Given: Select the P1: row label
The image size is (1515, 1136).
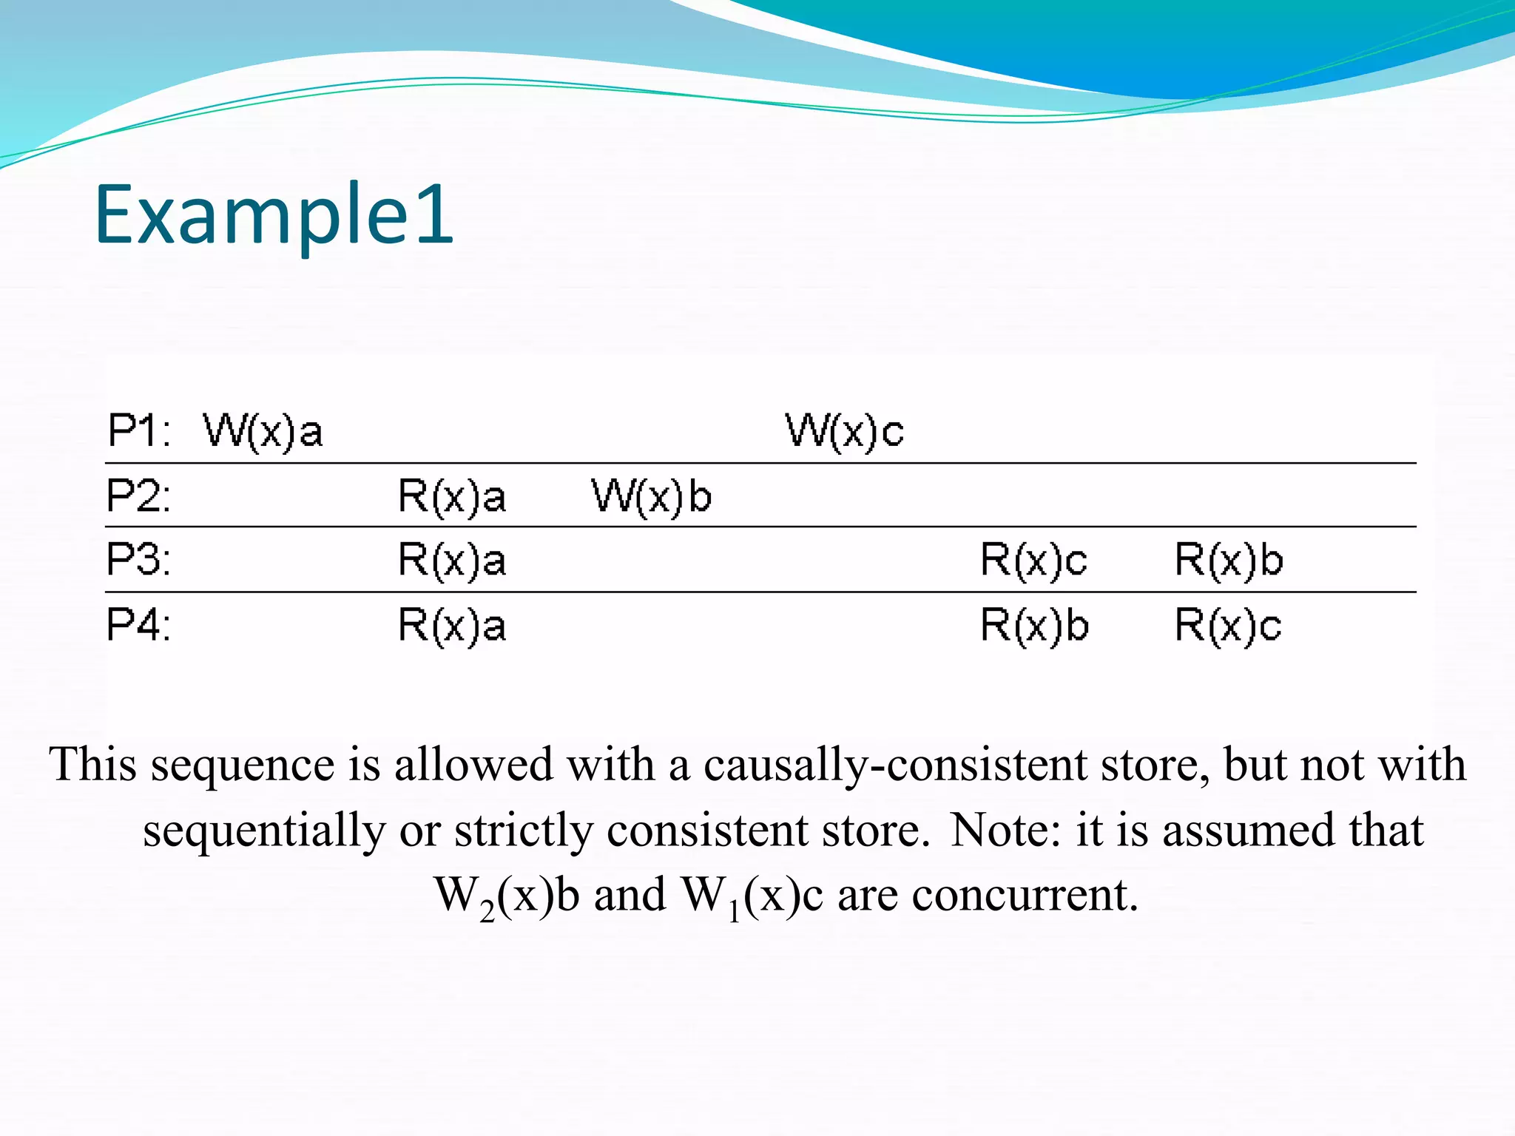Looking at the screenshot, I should point(139,430).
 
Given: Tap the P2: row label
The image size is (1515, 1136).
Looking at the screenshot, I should point(138,496).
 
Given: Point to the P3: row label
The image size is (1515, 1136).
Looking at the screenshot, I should point(138,560).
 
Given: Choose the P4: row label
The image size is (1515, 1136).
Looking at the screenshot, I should point(138,625).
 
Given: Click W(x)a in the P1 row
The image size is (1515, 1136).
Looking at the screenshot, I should point(263,430).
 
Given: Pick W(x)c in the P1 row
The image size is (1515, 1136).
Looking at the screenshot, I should point(844,430).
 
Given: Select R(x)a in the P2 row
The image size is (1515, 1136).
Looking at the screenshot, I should point(452,496).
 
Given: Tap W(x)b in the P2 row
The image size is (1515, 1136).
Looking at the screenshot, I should point(651,496).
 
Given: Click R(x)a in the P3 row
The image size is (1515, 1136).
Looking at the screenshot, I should point(452,560).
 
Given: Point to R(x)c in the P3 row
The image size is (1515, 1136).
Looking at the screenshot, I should point(1033,560).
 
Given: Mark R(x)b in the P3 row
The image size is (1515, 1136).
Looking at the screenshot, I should point(1229,560).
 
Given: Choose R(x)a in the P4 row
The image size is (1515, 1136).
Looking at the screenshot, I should point(452,625).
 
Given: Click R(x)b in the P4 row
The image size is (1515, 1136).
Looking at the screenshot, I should point(1034,625).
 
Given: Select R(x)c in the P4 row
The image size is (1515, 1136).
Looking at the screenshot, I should point(1228,625).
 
